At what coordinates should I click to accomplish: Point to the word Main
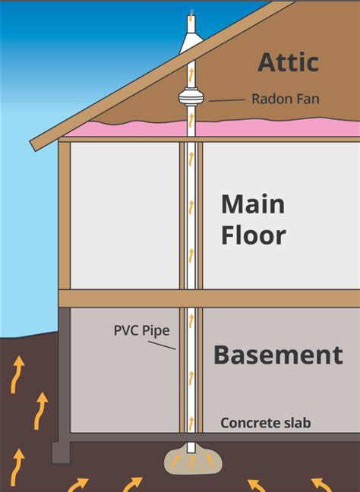coord(253,204)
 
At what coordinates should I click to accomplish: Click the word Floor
coord(253,235)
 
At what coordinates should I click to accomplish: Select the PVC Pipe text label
coord(142,330)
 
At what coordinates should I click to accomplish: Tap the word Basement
coord(278,355)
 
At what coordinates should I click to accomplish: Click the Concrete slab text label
coord(266,422)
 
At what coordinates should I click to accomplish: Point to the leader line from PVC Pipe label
coord(161,343)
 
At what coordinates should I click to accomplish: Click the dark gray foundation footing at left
coord(61,450)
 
